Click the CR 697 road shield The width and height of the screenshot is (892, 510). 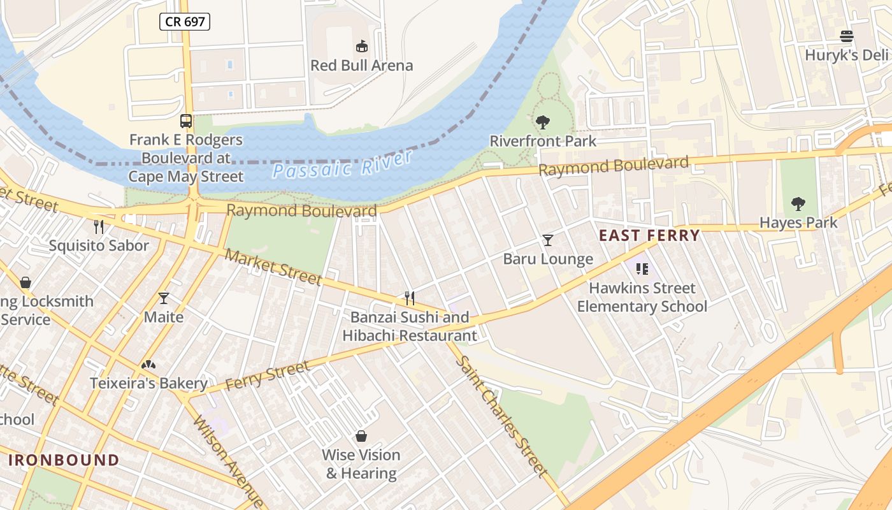tap(185, 22)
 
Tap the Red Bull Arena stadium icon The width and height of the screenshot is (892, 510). tap(361, 46)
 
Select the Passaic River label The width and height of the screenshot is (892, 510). tap(343, 164)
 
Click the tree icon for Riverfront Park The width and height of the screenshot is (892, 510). tap(543, 122)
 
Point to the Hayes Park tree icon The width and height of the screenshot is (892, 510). tap(798, 204)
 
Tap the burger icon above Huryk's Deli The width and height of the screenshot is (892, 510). tap(846, 36)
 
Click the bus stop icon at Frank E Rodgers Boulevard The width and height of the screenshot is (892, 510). tap(186, 120)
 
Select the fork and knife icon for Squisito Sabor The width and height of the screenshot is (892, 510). tap(99, 226)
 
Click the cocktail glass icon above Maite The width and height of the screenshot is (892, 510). tap(164, 298)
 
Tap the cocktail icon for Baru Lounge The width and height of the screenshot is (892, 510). tap(547, 240)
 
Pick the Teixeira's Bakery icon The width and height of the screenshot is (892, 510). tap(148, 365)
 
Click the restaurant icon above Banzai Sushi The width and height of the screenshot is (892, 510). tap(410, 298)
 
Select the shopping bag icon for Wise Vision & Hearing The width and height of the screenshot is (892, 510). tap(361, 436)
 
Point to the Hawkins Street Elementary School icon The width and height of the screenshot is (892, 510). tap(642, 269)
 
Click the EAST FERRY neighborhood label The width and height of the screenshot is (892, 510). tap(649, 235)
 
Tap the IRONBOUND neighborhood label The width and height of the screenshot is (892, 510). tap(64, 460)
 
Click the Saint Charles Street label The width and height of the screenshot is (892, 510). tap(501, 415)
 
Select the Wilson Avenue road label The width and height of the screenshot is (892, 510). tap(228, 461)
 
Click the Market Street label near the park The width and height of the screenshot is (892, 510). tap(273, 266)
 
